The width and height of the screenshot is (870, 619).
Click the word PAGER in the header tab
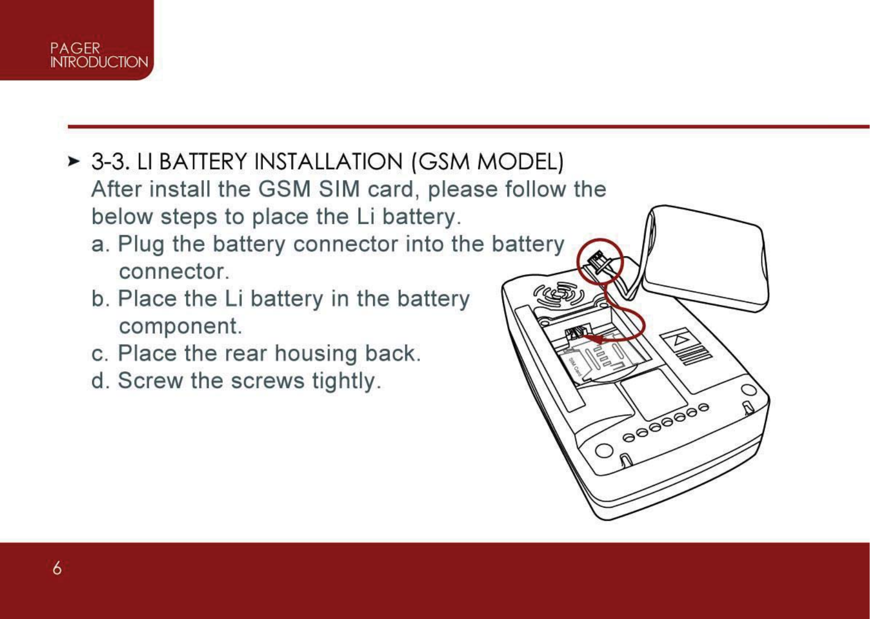coord(75,48)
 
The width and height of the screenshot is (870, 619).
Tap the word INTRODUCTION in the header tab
coord(99,62)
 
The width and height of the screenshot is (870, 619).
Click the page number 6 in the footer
coord(57,568)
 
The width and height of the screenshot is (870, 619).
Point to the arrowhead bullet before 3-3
coord(73,161)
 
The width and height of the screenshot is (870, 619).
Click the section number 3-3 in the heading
coord(110,162)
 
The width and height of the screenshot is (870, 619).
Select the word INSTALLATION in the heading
coord(328,162)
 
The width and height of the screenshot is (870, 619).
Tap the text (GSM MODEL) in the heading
coord(487,162)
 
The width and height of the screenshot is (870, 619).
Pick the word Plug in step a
coord(141,244)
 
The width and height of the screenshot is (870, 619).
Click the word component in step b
coord(180,326)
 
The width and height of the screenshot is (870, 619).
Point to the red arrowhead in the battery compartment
coord(597,340)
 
